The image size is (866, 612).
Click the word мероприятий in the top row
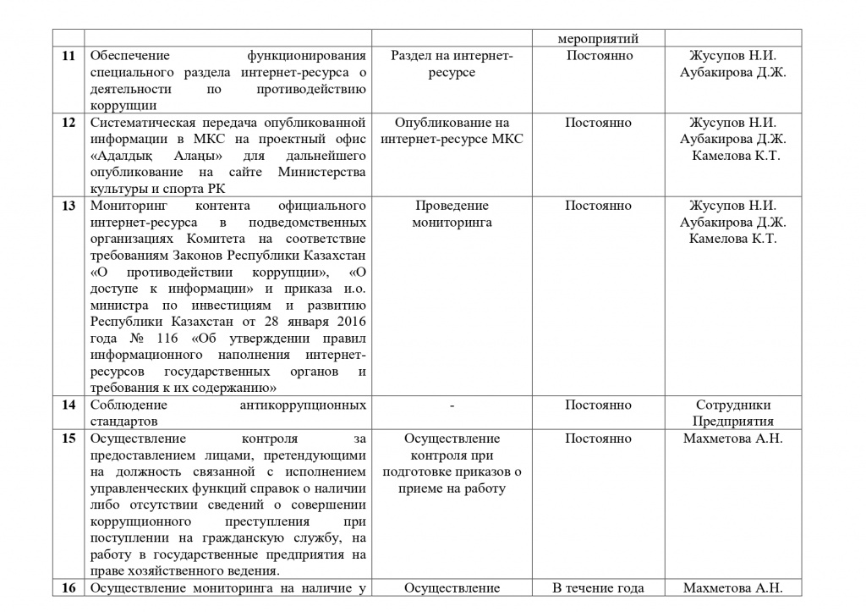click(598, 39)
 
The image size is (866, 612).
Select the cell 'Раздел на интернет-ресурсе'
click(452, 63)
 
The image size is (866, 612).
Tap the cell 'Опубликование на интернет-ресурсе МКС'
click(452, 131)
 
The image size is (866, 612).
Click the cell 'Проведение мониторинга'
click(452, 213)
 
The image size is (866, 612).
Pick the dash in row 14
click(452, 405)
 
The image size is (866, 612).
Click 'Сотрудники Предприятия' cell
click(732, 413)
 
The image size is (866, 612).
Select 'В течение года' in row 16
click(598, 588)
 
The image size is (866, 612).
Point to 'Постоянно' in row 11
click(598, 56)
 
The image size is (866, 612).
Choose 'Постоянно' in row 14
click(598, 405)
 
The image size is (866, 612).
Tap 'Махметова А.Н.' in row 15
click(732, 438)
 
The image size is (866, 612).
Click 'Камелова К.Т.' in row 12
click(736, 156)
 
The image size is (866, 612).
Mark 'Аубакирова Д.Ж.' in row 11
click(732, 72)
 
